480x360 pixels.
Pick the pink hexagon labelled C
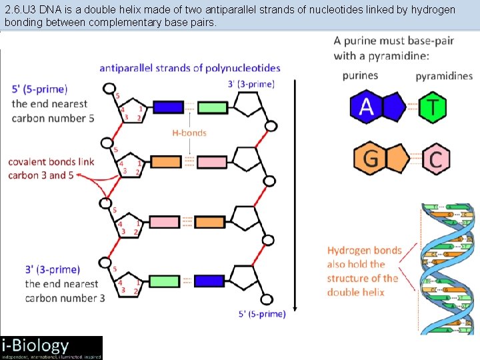point(435,159)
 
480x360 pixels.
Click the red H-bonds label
point(189,133)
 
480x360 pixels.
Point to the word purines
point(360,75)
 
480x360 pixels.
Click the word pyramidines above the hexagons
point(444,76)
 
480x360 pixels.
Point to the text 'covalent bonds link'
point(51,162)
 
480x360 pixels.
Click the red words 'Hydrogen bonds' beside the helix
point(364,251)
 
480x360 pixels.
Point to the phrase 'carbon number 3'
point(65,298)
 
